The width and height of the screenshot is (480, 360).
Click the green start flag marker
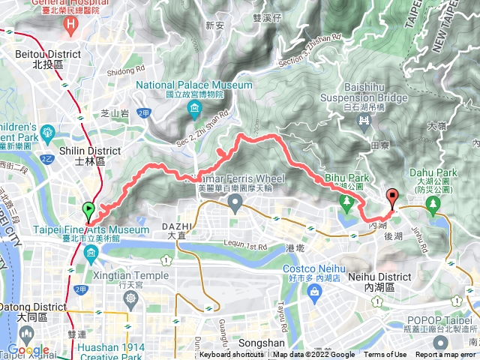88,211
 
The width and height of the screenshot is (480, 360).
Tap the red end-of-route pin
391,199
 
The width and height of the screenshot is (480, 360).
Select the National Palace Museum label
194,89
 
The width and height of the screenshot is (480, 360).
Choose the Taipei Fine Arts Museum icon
91,253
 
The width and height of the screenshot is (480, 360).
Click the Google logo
28,350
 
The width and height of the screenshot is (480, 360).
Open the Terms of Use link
385,355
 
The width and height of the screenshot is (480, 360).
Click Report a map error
445,355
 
